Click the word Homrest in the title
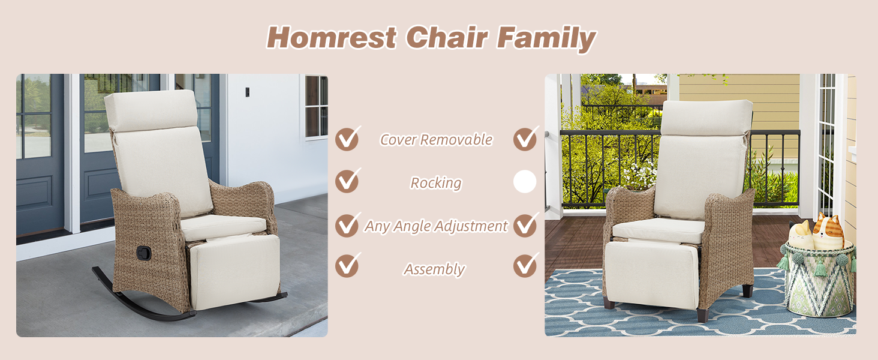point(332,38)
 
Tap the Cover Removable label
point(436,140)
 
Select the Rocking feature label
point(436,183)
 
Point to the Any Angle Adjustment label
point(436,226)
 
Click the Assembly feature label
point(434,269)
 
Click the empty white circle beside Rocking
point(525,182)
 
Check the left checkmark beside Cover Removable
point(347,139)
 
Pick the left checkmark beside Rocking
point(347,181)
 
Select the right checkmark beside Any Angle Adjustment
point(525,225)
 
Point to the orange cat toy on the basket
point(828,230)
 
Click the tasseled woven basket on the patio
point(819,280)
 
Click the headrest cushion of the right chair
point(706,118)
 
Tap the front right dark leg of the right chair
point(702,315)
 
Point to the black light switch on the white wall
point(247,92)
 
